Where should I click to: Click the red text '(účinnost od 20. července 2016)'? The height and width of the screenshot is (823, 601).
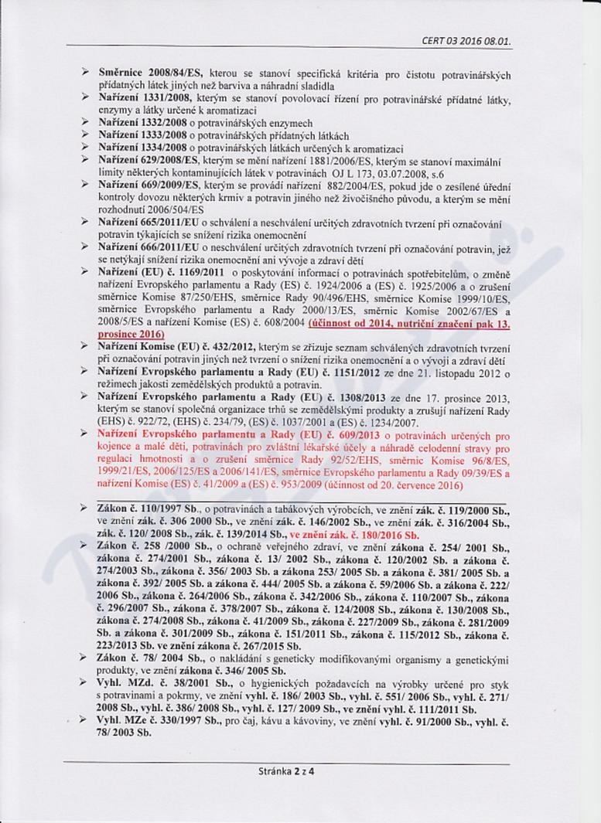pyautogui.click(x=391, y=485)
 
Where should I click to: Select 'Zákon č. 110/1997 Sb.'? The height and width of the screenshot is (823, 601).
pyautogui.click(x=148, y=509)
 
